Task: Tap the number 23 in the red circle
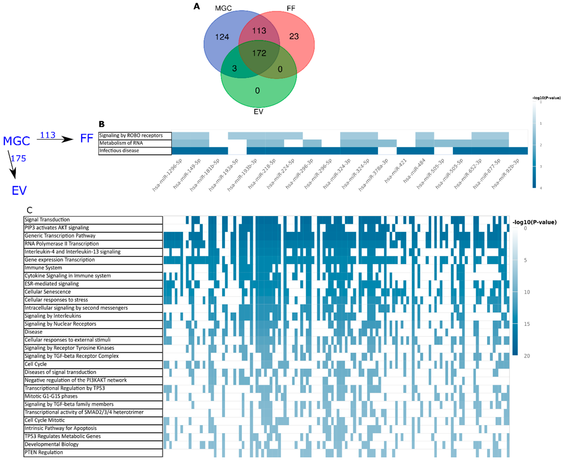click(x=294, y=36)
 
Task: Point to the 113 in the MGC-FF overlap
click(x=259, y=31)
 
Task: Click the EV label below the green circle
click(x=258, y=111)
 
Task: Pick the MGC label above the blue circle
click(x=223, y=8)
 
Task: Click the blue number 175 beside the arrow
click(x=19, y=159)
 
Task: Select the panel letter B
click(x=102, y=124)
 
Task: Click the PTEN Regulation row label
click(x=44, y=452)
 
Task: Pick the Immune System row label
click(x=43, y=268)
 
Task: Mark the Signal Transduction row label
click(x=47, y=220)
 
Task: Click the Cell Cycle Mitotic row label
click(x=45, y=420)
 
